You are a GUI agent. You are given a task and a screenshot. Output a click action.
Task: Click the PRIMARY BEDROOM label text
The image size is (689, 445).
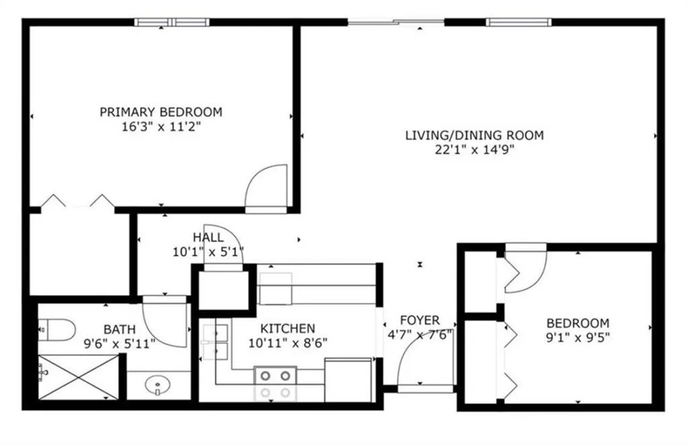(x=161, y=112)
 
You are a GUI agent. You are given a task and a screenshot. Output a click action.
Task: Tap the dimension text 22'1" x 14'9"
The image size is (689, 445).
(x=474, y=150)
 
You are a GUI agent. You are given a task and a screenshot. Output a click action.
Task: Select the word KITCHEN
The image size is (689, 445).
(x=287, y=329)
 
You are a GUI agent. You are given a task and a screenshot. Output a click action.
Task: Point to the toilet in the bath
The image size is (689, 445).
(x=57, y=329)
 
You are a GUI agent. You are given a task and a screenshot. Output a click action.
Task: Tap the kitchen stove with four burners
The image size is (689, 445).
(x=275, y=384)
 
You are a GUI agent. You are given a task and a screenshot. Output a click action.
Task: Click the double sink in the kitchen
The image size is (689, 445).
(x=215, y=341)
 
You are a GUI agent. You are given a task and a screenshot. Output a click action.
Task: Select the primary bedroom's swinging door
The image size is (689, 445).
(x=267, y=189)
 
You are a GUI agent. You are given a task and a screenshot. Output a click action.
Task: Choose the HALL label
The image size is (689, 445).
(x=208, y=238)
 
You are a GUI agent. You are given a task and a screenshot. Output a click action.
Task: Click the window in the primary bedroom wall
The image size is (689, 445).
(x=172, y=22)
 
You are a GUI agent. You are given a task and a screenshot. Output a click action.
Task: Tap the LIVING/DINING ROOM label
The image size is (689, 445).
(x=474, y=135)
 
